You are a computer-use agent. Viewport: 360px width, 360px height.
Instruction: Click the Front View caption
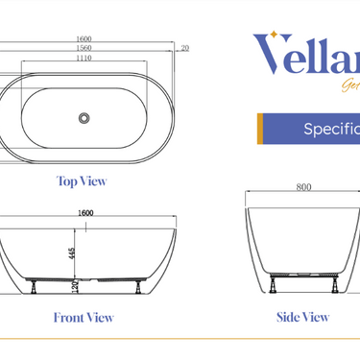pos(84,318)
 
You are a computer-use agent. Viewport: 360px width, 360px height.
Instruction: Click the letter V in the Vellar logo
pos(271,55)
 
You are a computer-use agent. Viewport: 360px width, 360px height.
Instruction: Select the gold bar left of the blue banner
pos(260,129)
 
